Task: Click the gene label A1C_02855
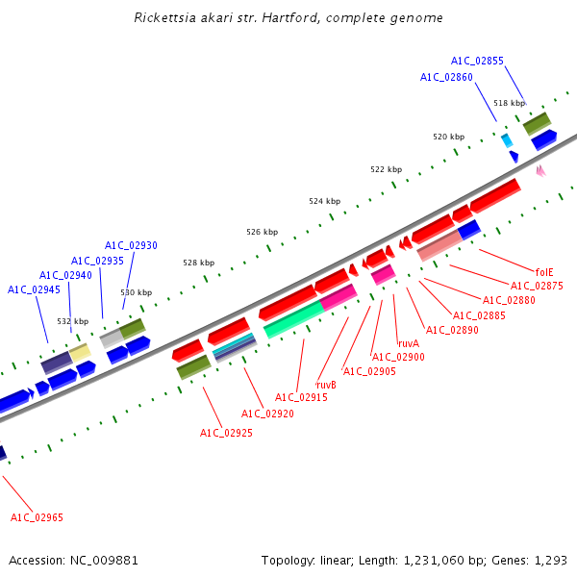click(477, 61)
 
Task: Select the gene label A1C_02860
click(446, 77)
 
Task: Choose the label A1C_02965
click(37, 517)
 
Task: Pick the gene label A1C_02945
click(34, 289)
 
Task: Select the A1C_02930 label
click(131, 245)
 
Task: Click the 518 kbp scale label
click(510, 103)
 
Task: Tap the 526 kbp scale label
click(262, 232)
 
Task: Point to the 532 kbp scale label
click(73, 321)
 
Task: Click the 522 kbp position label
click(386, 169)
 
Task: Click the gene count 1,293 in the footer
click(550, 560)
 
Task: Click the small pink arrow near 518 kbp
click(540, 170)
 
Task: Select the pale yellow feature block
click(80, 353)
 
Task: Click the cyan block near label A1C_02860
click(506, 140)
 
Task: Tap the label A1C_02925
click(226, 433)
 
